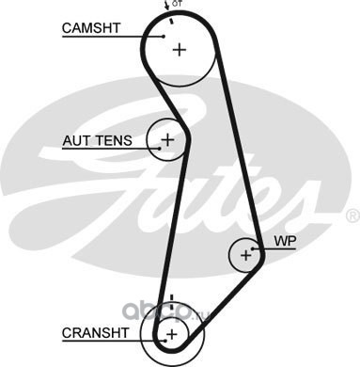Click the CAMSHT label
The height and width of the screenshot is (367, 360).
pos(91,28)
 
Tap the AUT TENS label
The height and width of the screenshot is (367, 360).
pos(97,140)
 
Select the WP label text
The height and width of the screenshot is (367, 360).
pos(285,241)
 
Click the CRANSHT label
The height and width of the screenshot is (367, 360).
pos(95,333)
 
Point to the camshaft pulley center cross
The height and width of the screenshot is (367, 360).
pos(180,50)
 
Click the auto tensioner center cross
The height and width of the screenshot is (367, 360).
pos(167,139)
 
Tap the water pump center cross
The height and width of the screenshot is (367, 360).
pos(246,255)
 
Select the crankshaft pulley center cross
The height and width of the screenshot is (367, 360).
pos(172,334)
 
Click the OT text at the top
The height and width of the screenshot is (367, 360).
pos(177,4)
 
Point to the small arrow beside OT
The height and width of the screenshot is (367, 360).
pos(166,6)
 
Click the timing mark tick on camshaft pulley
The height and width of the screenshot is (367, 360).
pos(171,21)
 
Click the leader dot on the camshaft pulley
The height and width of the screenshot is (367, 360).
pos(164,37)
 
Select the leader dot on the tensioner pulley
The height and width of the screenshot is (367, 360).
pos(160,148)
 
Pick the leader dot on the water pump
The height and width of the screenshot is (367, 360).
pos(253,248)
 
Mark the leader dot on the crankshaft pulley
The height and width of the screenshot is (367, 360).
pos(165,340)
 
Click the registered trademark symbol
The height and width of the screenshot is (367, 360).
pos(352,215)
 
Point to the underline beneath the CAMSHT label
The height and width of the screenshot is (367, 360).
pos(113,37)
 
